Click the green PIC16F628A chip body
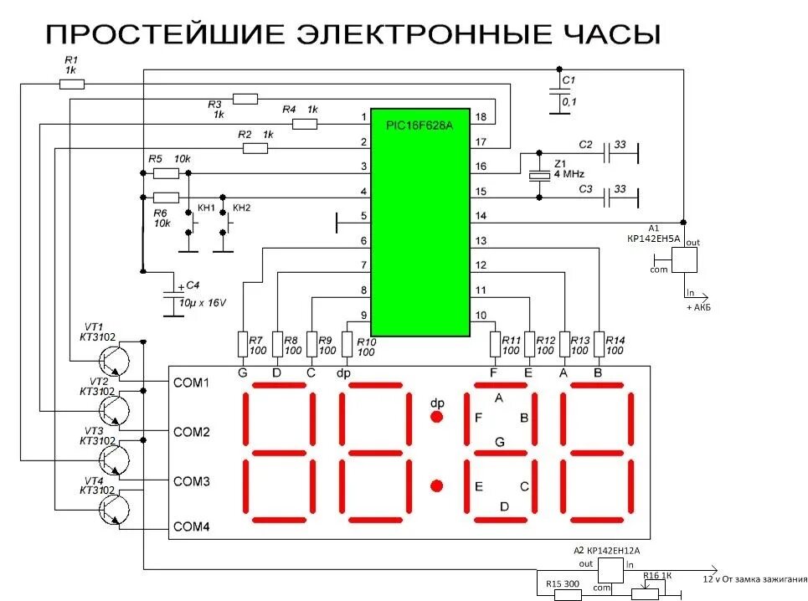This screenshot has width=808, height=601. [420, 222]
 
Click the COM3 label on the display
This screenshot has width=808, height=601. [191, 481]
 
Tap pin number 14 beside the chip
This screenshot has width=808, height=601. [481, 216]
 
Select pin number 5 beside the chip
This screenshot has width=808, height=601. [363, 216]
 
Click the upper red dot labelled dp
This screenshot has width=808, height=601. [436, 417]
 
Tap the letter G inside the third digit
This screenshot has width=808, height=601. [500, 441]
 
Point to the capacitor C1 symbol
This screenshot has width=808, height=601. [553, 91]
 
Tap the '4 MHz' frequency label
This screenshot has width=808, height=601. [569, 173]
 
